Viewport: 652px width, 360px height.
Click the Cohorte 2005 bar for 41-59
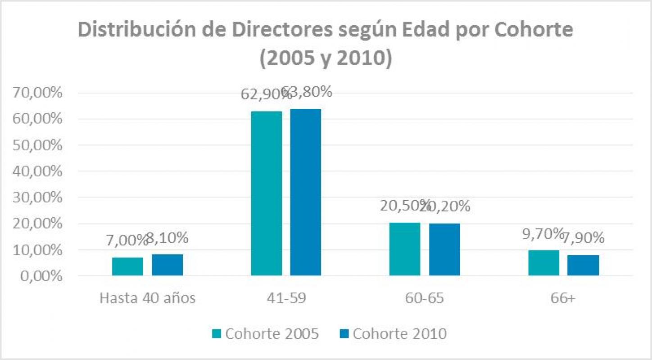267,193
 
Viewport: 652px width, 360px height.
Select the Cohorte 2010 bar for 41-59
305,192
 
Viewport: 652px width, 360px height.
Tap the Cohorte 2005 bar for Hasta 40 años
127,266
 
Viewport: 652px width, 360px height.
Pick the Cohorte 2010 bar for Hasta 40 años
167,265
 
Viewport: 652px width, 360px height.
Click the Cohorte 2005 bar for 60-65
405,249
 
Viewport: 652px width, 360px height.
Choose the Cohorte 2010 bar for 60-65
444,249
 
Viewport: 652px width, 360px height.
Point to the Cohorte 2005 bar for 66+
543,263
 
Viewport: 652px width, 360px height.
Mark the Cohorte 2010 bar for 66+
583,265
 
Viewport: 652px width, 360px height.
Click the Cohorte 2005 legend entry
266,333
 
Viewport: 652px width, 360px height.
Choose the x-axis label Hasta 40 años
147,298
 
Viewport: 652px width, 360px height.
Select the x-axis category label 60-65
425,298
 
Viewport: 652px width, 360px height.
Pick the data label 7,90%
585,238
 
